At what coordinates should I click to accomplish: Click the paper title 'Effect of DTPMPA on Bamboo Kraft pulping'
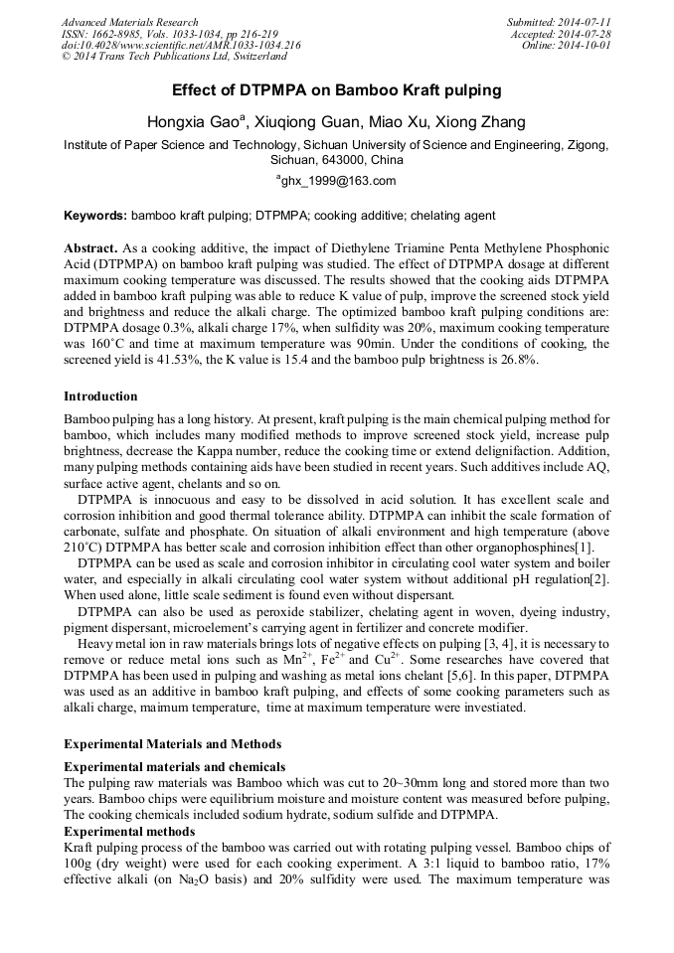336,90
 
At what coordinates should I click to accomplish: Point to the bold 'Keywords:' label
95,216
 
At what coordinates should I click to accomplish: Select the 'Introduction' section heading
100,397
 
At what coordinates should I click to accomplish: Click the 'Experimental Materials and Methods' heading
173,744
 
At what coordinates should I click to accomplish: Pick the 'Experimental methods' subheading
129,831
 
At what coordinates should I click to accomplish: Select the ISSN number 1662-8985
118,34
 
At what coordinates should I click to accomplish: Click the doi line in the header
181,46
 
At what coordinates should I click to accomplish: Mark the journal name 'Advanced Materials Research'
130,22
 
